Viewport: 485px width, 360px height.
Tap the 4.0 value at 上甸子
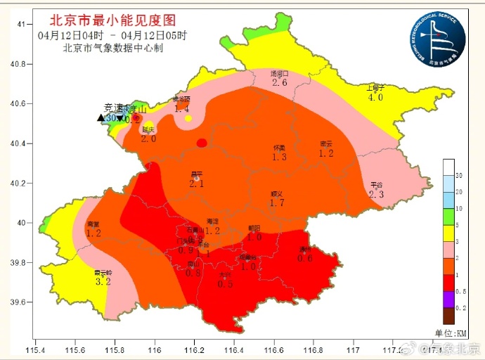pyautogui.click(x=375, y=98)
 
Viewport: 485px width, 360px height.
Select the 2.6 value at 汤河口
pyautogui.click(x=280, y=83)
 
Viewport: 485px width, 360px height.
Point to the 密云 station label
pyautogui.click(x=325, y=143)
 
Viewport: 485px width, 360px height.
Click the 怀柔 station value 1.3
pyautogui.click(x=279, y=157)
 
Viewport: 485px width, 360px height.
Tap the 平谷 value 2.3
pyautogui.click(x=376, y=195)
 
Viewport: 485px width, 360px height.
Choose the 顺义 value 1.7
pyautogui.click(x=277, y=203)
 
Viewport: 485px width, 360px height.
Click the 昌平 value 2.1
pyautogui.click(x=197, y=184)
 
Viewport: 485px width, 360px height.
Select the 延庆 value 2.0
pyautogui.click(x=148, y=139)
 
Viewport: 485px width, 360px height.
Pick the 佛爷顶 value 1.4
pyautogui.click(x=182, y=109)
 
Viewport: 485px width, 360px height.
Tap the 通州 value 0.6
pyautogui.click(x=305, y=258)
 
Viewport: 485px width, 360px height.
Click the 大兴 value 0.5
pyautogui.click(x=225, y=284)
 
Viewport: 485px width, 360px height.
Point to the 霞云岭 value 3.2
pyautogui.click(x=103, y=282)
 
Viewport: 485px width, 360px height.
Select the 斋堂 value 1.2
pyautogui.click(x=93, y=233)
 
